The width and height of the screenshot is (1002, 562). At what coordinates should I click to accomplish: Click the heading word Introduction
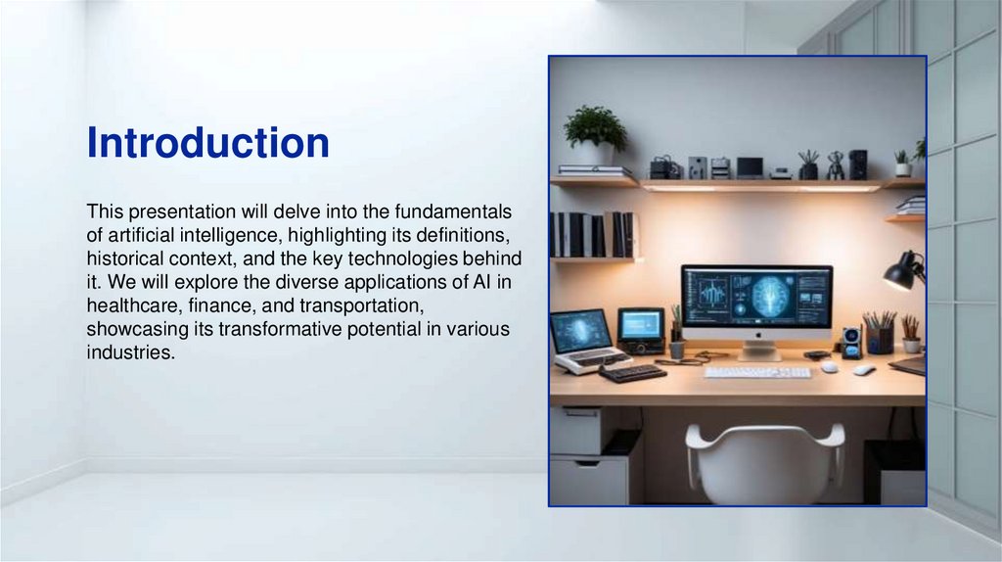point(208,142)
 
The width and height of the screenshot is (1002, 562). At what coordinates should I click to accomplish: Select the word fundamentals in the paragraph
point(453,211)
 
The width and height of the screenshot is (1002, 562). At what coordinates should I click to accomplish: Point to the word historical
point(125,258)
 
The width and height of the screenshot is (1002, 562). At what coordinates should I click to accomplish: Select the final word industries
point(130,352)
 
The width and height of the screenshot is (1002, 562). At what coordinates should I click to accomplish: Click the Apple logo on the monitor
point(758,334)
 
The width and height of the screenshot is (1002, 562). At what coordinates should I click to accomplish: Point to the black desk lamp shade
point(899,273)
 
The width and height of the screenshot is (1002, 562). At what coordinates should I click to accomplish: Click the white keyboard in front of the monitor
point(757,372)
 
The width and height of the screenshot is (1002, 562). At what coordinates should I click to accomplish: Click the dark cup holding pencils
point(880,340)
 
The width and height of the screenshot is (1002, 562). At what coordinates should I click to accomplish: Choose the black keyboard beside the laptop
point(633,373)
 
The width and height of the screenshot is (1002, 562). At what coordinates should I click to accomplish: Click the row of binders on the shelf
point(593,235)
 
